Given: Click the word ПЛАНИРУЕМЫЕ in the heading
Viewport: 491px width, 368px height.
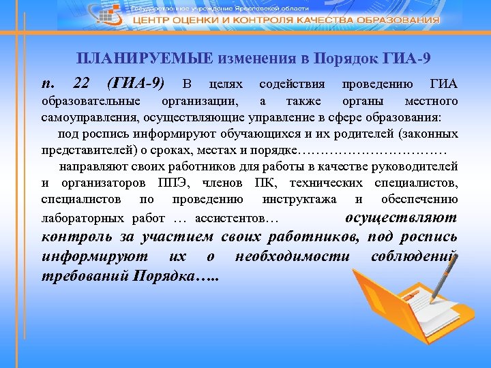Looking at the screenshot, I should click(x=145, y=59).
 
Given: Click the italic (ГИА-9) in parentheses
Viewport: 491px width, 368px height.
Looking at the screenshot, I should click(x=136, y=83).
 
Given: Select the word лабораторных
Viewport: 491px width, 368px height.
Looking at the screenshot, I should click(x=83, y=219).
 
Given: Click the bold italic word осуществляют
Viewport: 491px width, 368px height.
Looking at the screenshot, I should click(x=402, y=218).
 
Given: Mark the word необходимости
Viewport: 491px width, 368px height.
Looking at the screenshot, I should click(x=293, y=257).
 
